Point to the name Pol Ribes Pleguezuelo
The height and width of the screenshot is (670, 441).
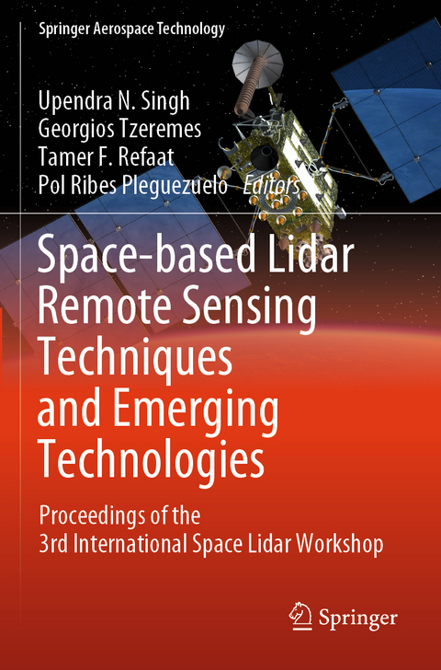coord(134,186)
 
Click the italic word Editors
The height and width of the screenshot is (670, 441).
coord(271,186)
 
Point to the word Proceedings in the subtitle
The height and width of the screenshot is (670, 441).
coord(98,514)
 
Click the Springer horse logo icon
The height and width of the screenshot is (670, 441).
coord(299,613)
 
